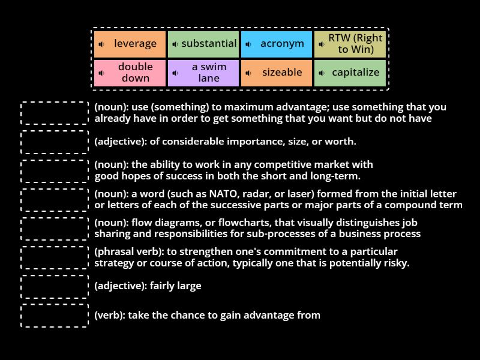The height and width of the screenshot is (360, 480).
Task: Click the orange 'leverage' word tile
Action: click(x=130, y=44)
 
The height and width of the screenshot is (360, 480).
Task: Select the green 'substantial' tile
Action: click(x=203, y=44)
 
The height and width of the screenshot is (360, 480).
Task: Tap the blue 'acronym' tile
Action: click(x=277, y=44)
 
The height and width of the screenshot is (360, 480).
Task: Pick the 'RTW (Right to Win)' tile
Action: click(x=350, y=44)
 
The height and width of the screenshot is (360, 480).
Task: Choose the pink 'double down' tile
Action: click(x=130, y=73)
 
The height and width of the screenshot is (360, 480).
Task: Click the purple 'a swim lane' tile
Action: click(x=203, y=73)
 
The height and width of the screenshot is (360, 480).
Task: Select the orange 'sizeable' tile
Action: click(x=277, y=73)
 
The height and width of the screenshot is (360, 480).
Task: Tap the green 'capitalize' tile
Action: click(x=350, y=73)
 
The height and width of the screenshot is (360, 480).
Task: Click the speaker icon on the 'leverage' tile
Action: click(x=102, y=44)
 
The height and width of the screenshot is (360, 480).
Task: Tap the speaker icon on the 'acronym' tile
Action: click(x=248, y=44)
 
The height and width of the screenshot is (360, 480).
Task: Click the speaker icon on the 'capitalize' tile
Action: click(x=322, y=73)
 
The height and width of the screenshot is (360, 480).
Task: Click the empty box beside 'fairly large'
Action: click(x=55, y=286)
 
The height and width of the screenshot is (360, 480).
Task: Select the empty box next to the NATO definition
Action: click(x=55, y=200)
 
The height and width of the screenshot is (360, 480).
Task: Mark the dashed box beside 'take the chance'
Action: click(x=55, y=316)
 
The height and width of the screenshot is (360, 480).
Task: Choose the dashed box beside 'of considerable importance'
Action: click(x=55, y=142)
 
